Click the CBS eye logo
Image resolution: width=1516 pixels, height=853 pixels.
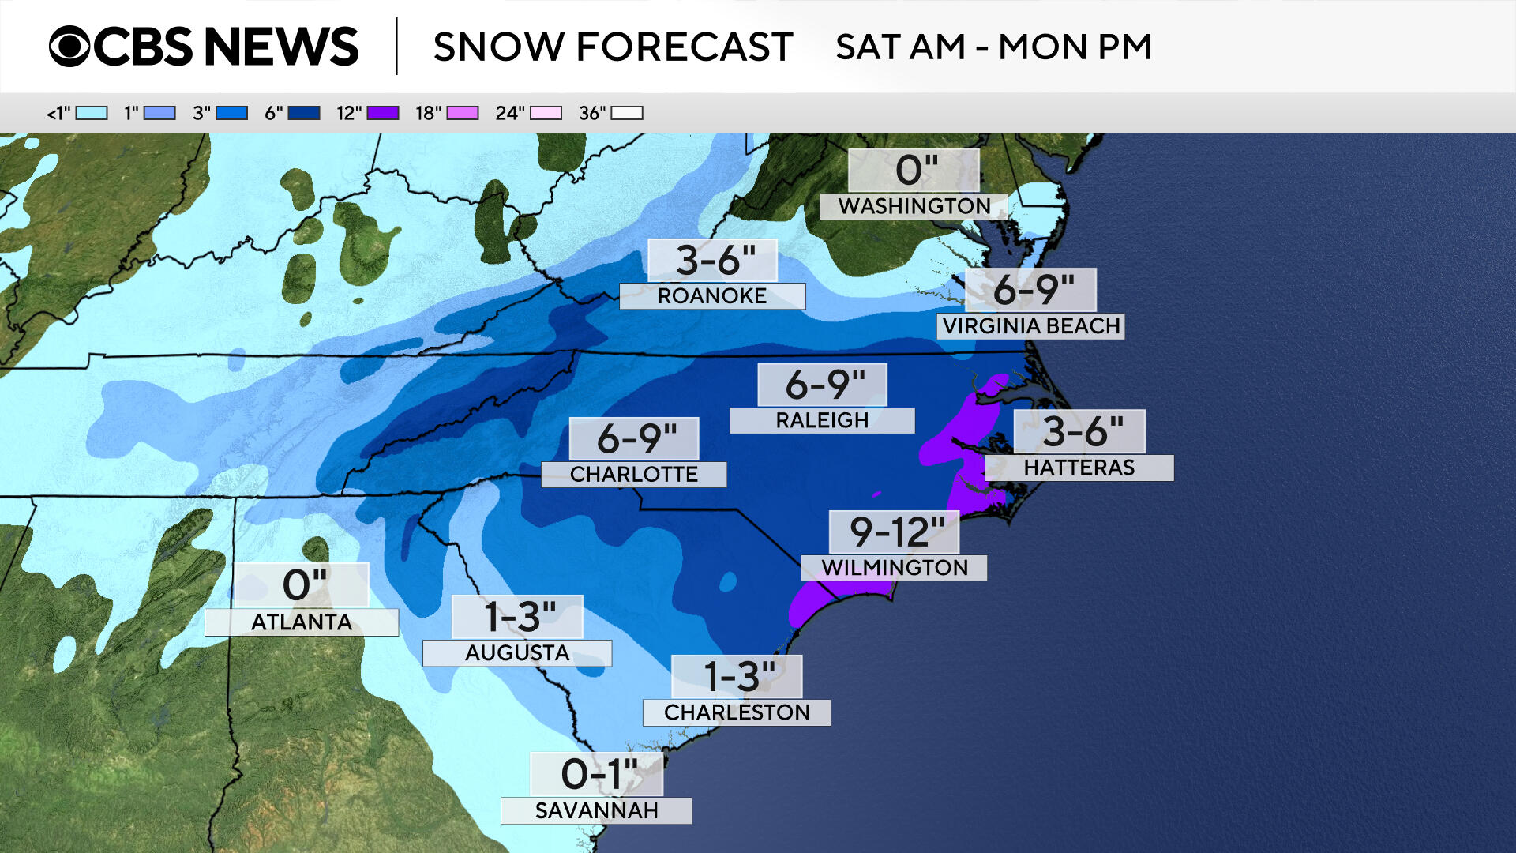[x=69, y=47]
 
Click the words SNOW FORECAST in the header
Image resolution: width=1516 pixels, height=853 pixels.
[x=613, y=47]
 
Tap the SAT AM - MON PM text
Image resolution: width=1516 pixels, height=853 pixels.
[x=993, y=47]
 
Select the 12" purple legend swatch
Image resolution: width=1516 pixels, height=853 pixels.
[x=382, y=113]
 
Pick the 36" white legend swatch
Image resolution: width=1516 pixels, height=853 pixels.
[x=627, y=113]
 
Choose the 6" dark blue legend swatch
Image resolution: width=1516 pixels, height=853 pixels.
[x=304, y=113]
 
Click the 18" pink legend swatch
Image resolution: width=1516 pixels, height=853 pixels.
[x=463, y=113]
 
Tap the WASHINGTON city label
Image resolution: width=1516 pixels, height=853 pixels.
[x=914, y=206]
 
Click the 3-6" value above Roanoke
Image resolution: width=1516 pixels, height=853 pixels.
[x=715, y=260]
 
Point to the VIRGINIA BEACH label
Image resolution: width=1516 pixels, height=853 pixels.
[x=1030, y=326]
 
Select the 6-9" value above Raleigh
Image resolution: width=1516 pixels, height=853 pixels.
[x=824, y=385]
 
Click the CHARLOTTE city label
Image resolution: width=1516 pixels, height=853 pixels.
[x=633, y=475]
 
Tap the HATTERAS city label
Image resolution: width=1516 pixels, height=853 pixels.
[x=1079, y=468]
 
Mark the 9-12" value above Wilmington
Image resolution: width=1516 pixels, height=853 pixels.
[x=895, y=532]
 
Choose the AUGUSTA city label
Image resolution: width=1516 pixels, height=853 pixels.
[x=516, y=653]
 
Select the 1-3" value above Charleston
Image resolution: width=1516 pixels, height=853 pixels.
[x=738, y=677]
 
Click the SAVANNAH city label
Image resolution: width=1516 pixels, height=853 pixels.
[x=596, y=811]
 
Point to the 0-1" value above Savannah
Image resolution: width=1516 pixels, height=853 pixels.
[x=598, y=774]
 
